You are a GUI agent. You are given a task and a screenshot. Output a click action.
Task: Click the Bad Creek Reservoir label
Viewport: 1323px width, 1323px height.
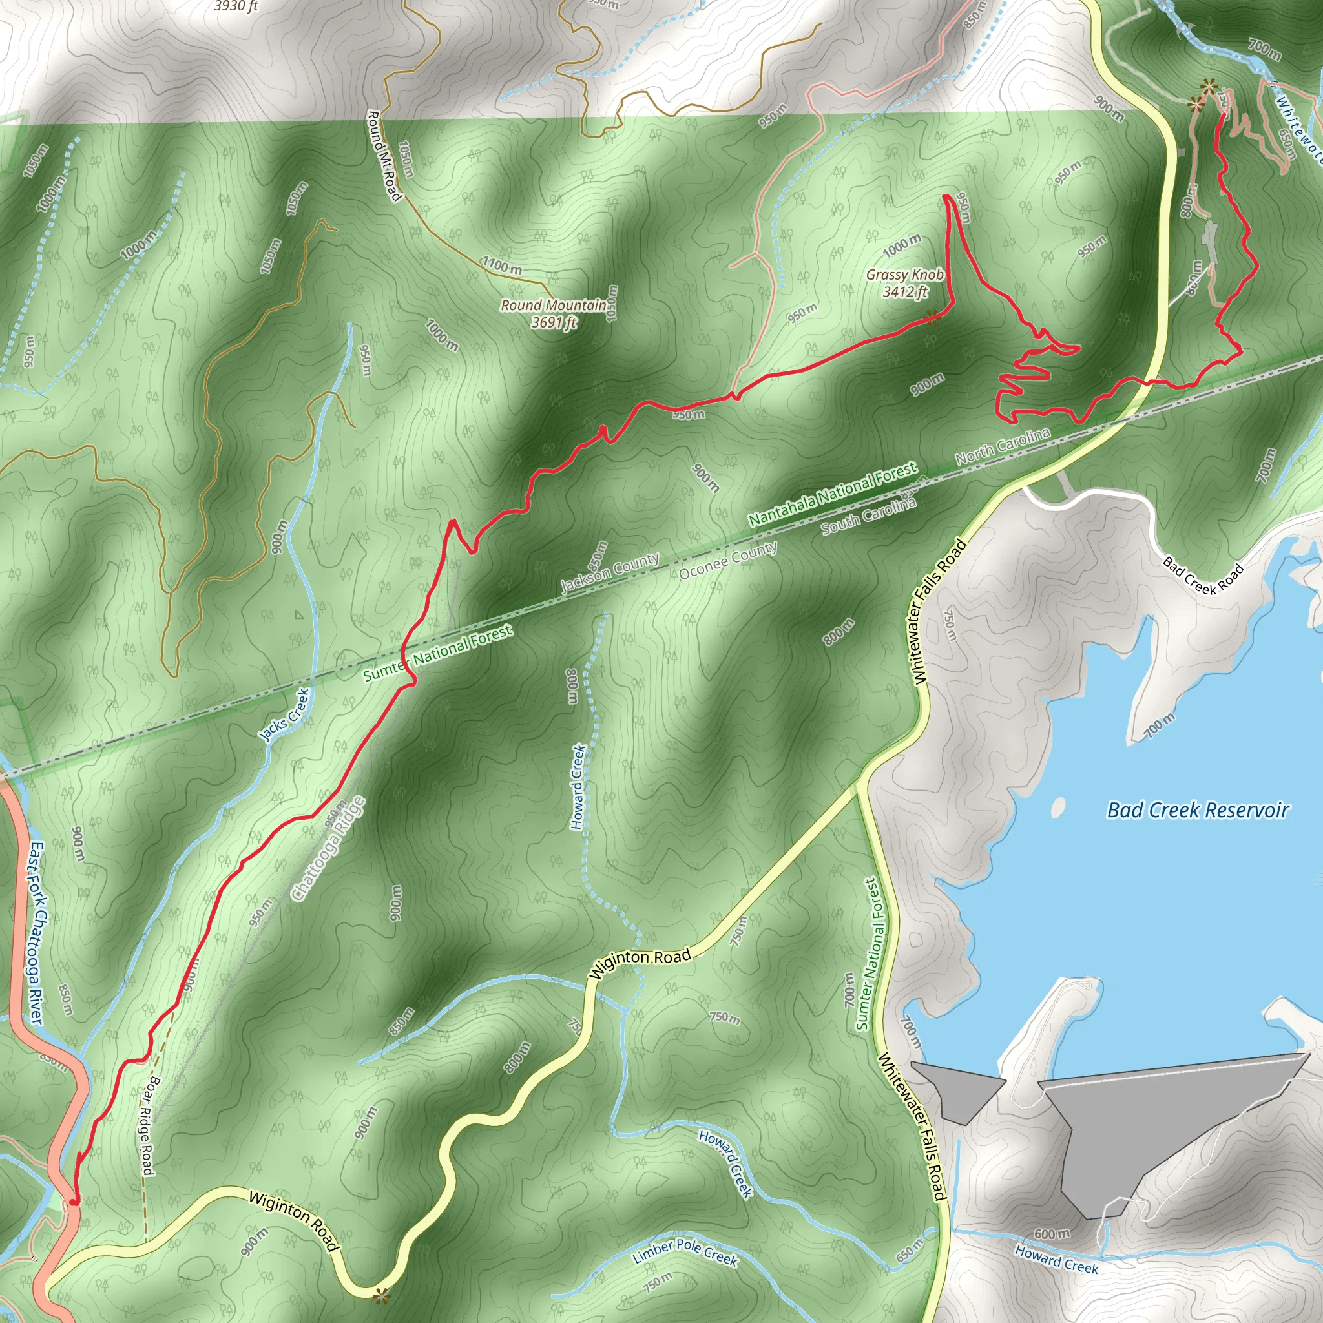1197,811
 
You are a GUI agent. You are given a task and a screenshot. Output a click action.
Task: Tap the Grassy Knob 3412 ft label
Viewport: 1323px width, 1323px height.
904,284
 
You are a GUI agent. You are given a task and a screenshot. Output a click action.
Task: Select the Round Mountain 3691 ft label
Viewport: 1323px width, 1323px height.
554,313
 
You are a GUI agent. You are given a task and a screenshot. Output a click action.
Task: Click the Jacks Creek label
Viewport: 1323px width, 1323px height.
284,715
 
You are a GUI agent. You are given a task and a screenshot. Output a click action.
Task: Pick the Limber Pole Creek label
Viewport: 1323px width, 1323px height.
684,1253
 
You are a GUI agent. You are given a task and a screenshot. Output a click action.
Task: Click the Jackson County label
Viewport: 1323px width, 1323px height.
609,572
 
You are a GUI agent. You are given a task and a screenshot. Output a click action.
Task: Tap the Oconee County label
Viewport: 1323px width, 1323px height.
727,559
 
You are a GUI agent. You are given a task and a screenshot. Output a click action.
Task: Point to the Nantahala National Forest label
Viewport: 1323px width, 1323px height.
832,494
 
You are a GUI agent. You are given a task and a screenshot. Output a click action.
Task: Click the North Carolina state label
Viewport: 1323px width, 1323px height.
1002,446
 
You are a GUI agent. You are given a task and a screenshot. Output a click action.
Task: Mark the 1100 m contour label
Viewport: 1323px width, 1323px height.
501,265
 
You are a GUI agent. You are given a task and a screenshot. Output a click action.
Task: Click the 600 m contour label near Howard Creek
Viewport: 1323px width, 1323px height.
1051,1234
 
